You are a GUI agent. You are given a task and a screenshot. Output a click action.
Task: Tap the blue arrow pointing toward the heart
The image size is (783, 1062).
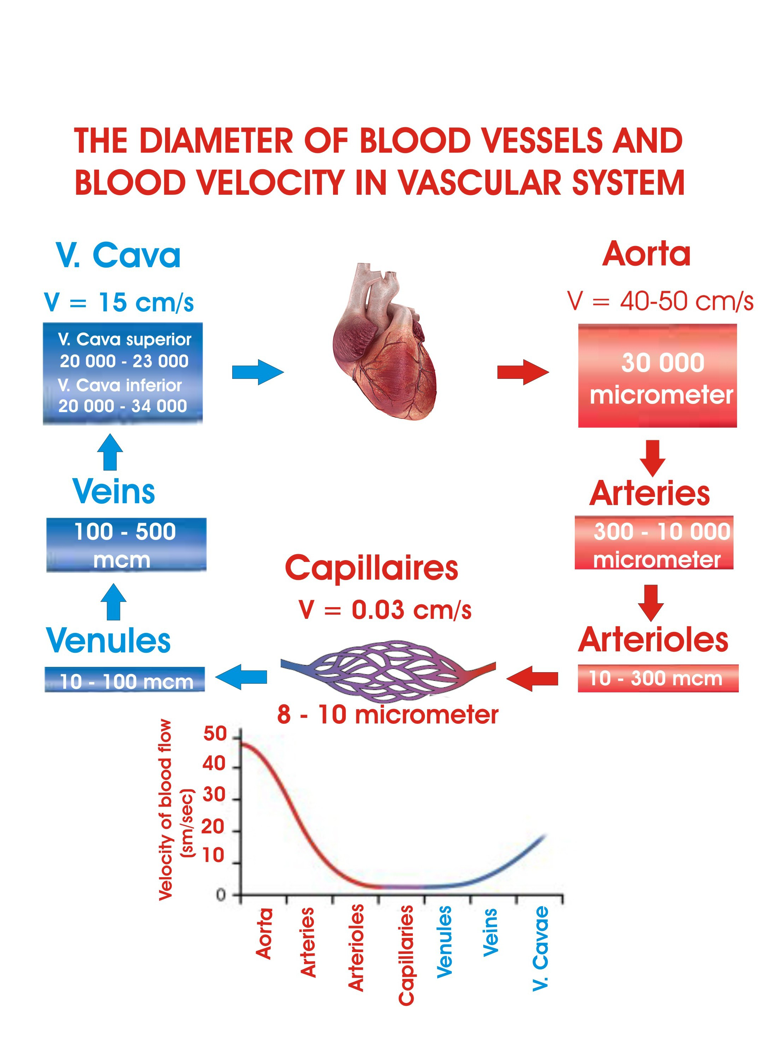coord(258,372)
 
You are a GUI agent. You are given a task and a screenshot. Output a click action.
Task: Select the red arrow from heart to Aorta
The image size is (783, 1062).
coord(523,372)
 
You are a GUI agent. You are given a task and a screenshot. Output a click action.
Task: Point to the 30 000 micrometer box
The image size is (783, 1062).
coord(658,375)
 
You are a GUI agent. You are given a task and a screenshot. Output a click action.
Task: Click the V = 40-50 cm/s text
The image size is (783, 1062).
coord(660,301)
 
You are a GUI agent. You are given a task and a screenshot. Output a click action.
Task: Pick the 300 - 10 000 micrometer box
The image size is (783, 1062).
coord(654,542)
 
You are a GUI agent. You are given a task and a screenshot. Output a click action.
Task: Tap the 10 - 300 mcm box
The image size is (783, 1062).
coord(658,678)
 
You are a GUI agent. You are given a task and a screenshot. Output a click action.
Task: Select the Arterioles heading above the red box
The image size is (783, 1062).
coord(653,640)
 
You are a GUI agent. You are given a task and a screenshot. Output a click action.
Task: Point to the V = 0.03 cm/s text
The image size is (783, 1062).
coord(385,610)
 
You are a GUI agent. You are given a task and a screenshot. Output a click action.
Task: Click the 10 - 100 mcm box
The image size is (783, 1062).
coord(125,680)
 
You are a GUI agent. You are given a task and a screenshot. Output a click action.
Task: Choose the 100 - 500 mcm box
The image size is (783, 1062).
coord(126,545)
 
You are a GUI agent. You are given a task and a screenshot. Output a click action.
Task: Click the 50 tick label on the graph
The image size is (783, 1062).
coord(215,734)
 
